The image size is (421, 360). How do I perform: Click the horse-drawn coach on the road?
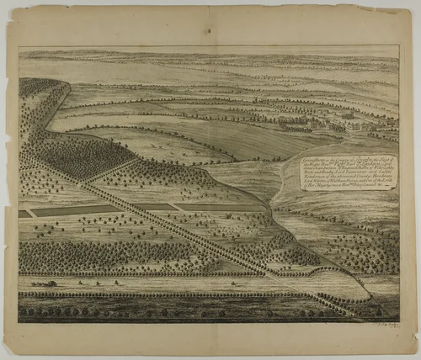click(x=44, y=284)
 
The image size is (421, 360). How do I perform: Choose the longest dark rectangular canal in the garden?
click(x=76, y=210)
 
